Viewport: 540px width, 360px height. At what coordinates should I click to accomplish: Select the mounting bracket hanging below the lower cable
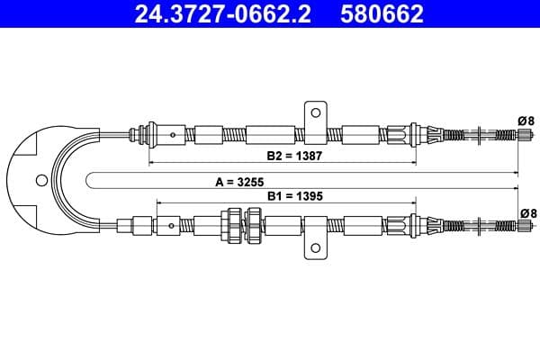coord(315,247)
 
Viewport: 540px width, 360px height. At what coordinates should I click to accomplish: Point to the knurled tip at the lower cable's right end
coord(521,224)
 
